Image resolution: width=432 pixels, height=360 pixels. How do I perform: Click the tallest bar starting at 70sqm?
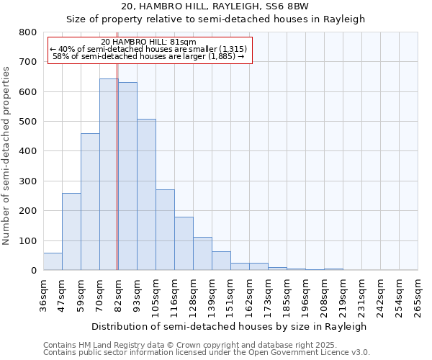tap(109, 174)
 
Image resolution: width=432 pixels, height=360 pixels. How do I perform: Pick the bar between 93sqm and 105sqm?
tap(146, 194)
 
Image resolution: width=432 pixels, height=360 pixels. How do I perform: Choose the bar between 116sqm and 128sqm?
tap(184, 243)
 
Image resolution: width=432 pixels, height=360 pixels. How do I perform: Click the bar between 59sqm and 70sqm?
tap(90, 202)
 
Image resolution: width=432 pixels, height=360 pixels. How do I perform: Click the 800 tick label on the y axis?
tap(27, 32)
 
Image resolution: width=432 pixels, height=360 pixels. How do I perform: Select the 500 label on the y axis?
tap(27, 122)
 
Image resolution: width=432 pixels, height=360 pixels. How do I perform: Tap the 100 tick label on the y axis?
tap(27, 240)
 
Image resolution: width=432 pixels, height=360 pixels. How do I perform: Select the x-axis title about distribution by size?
tap(230, 326)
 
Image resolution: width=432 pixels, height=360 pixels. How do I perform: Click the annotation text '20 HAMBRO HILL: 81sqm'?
tap(149, 42)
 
